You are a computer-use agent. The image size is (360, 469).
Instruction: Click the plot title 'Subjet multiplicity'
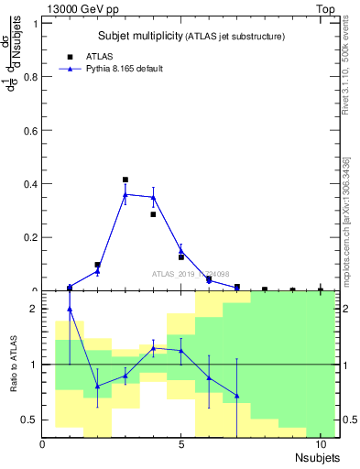[140, 36]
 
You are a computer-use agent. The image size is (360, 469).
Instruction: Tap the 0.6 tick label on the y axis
[30, 130]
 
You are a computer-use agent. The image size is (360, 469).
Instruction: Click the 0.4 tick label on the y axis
[30, 184]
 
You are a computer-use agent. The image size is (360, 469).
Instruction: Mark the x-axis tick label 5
[181, 445]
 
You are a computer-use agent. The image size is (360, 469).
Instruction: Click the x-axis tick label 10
[320, 445]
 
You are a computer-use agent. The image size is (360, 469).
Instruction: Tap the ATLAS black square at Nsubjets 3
[125, 180]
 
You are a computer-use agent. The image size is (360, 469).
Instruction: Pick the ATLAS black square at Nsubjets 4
[153, 214]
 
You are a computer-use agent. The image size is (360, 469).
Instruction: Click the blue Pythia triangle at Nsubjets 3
[125, 194]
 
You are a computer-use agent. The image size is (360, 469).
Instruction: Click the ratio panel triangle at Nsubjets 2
[97, 386]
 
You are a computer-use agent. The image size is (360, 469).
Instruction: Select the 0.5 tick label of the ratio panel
[30, 420]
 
